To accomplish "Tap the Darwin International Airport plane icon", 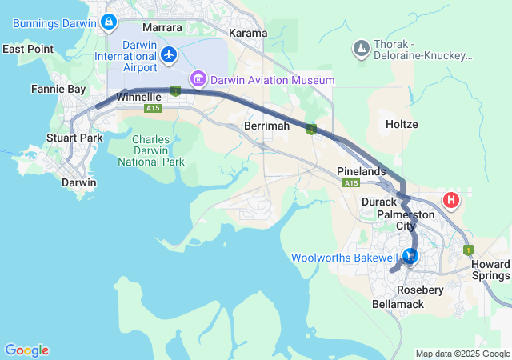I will click(x=169, y=55).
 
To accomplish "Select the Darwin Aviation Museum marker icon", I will click(x=197, y=80).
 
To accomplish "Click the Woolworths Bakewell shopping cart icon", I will click(x=410, y=257).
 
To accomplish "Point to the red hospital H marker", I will click(x=452, y=200).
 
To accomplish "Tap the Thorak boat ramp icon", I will click(x=361, y=50).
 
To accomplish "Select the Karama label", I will click(x=248, y=33).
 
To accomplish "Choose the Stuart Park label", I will click(x=74, y=138).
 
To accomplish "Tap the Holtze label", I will click(x=402, y=125).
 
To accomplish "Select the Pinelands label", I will click(x=362, y=171).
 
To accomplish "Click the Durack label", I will click(x=379, y=202).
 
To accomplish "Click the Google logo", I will click(x=26, y=350).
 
